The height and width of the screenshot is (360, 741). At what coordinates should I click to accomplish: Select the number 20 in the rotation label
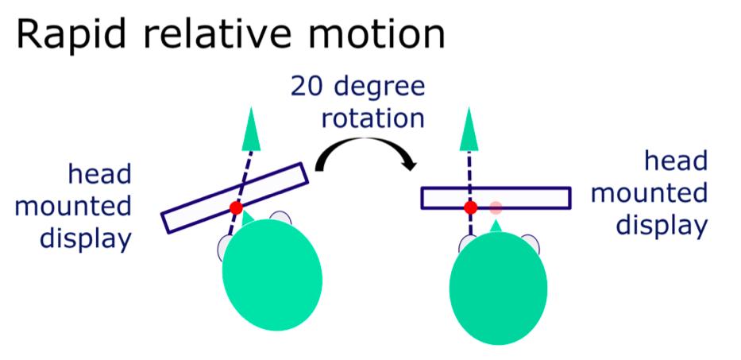click(x=308, y=87)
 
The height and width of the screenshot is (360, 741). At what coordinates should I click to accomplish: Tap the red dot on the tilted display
click(x=237, y=207)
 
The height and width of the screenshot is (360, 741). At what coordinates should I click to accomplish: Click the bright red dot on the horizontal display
click(x=470, y=207)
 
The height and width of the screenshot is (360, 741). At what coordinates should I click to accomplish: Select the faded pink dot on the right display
click(x=496, y=207)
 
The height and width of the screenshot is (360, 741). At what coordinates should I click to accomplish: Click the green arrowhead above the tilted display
click(x=250, y=130)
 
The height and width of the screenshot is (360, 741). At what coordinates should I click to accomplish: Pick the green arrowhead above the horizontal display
click(x=469, y=130)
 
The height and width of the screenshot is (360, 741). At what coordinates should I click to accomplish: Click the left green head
click(x=272, y=274)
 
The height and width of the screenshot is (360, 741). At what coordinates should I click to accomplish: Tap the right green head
click(x=498, y=288)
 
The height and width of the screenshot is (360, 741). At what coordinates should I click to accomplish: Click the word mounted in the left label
click(x=73, y=207)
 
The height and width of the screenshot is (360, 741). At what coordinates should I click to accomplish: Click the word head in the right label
click(x=676, y=162)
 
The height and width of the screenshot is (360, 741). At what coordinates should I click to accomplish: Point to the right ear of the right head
click(x=531, y=244)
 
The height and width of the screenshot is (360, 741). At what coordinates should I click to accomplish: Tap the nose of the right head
click(x=496, y=226)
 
